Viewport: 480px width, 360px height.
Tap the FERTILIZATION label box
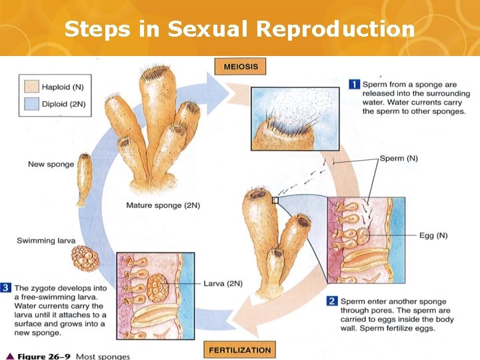point(240,349)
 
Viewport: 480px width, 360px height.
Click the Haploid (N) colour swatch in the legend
point(31,87)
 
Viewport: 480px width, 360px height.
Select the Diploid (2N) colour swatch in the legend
point(31,103)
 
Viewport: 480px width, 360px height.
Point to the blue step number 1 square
point(355,85)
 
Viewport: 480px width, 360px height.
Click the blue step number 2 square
point(332,301)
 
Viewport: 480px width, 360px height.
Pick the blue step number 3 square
point(7,288)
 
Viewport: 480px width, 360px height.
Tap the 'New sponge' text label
point(51,164)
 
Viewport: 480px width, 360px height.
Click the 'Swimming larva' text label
point(46,241)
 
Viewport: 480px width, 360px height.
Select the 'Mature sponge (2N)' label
point(163,205)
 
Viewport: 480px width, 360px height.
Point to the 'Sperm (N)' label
point(399,159)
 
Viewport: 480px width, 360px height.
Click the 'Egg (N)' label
point(433,235)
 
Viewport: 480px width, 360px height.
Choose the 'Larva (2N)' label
point(223,283)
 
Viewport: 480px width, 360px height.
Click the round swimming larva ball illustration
point(85,258)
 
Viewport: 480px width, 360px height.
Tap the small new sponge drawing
point(84,179)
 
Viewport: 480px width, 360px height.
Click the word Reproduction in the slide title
point(335,29)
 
